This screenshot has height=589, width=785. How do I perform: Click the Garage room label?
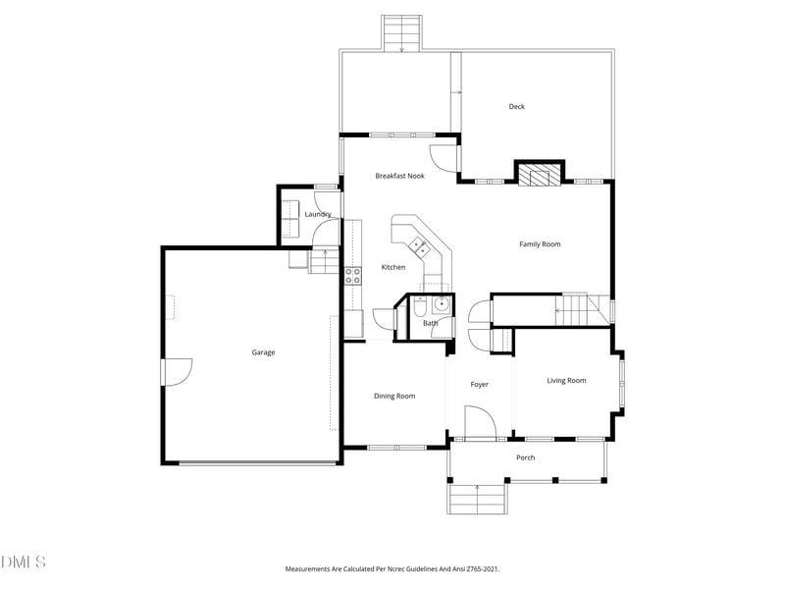click(x=263, y=352)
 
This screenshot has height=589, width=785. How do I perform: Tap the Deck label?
click(x=517, y=106)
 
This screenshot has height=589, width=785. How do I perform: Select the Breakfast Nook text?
click(x=399, y=176)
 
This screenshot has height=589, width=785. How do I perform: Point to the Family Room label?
click(x=540, y=244)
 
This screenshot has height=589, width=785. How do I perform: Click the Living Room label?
click(x=566, y=381)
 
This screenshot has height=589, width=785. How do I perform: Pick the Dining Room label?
click(x=394, y=397)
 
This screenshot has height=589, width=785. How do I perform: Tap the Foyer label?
click(x=479, y=385)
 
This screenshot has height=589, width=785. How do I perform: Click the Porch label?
click(x=526, y=457)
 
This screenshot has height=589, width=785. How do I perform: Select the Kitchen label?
click(x=393, y=267)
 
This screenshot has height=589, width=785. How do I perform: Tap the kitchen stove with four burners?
click(x=353, y=276)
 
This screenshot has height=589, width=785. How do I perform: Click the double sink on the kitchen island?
click(x=420, y=246)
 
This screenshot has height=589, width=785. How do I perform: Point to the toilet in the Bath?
click(x=420, y=306)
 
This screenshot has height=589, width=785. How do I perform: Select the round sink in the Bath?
click(x=442, y=303)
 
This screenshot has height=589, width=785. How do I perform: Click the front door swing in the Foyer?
click(x=480, y=422)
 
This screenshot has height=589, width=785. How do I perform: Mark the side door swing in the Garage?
click(x=177, y=372)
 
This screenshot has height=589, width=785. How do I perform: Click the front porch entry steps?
click(x=477, y=500)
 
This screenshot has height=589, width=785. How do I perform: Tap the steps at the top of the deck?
click(x=401, y=33)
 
